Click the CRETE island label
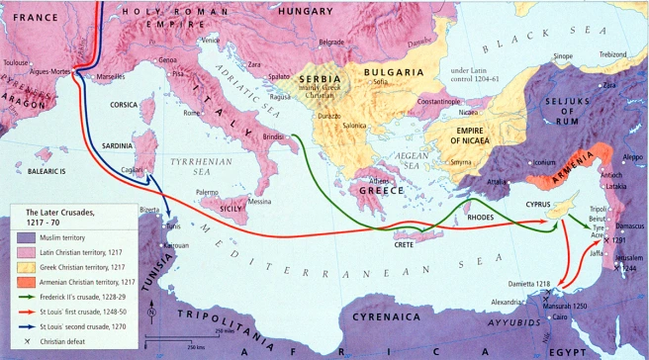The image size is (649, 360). [x=403, y=243]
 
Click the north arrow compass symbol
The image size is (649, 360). [x=149, y=314]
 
